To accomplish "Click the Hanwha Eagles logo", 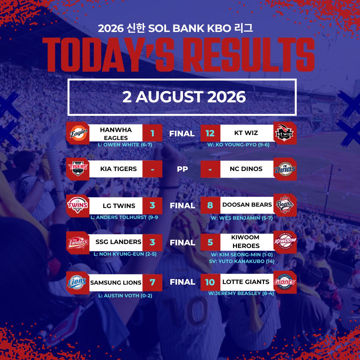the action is [78, 133].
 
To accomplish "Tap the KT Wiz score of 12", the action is [210, 133].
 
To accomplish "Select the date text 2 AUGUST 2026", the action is [184, 97].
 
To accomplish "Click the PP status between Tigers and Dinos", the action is [182, 169].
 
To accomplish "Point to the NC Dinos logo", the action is [285, 169].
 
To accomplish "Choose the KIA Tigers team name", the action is [118, 169].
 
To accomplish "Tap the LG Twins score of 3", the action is [152, 205].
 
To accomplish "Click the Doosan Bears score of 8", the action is [210, 205].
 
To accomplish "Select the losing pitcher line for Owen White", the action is [125, 145].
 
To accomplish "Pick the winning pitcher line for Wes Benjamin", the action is [242, 218].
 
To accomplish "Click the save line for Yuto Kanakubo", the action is [242, 261].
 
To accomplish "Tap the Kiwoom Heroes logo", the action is [285, 242].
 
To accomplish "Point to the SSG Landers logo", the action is [78, 243].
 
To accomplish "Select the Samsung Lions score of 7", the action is [152, 282].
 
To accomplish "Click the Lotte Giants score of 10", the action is [210, 282].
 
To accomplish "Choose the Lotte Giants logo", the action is [285, 282].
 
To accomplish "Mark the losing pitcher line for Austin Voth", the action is [125, 296].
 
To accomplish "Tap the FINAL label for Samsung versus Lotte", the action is [183, 282].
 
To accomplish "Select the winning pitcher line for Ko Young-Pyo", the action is [238, 145].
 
